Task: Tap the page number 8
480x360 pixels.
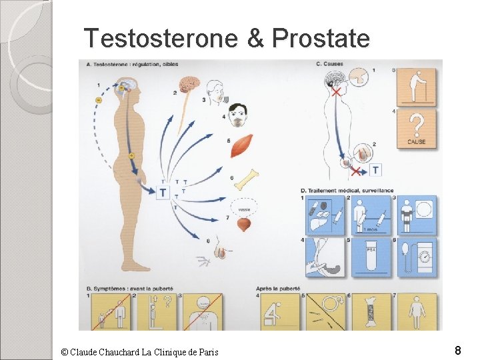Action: click(458, 350)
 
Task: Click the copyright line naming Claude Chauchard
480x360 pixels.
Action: click(139, 352)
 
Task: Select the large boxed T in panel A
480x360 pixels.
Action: click(163, 193)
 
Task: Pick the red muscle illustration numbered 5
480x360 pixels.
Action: click(241, 146)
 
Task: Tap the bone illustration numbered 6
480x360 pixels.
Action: click(245, 179)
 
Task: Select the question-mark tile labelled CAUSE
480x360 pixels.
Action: click(417, 128)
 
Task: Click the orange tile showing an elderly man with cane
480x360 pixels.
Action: click(417, 86)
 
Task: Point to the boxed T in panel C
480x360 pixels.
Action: click(376, 171)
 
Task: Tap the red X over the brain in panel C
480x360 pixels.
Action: click(336, 91)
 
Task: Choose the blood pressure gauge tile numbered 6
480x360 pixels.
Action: click(417, 257)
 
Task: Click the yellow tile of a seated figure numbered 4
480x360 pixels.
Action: click(280, 311)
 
